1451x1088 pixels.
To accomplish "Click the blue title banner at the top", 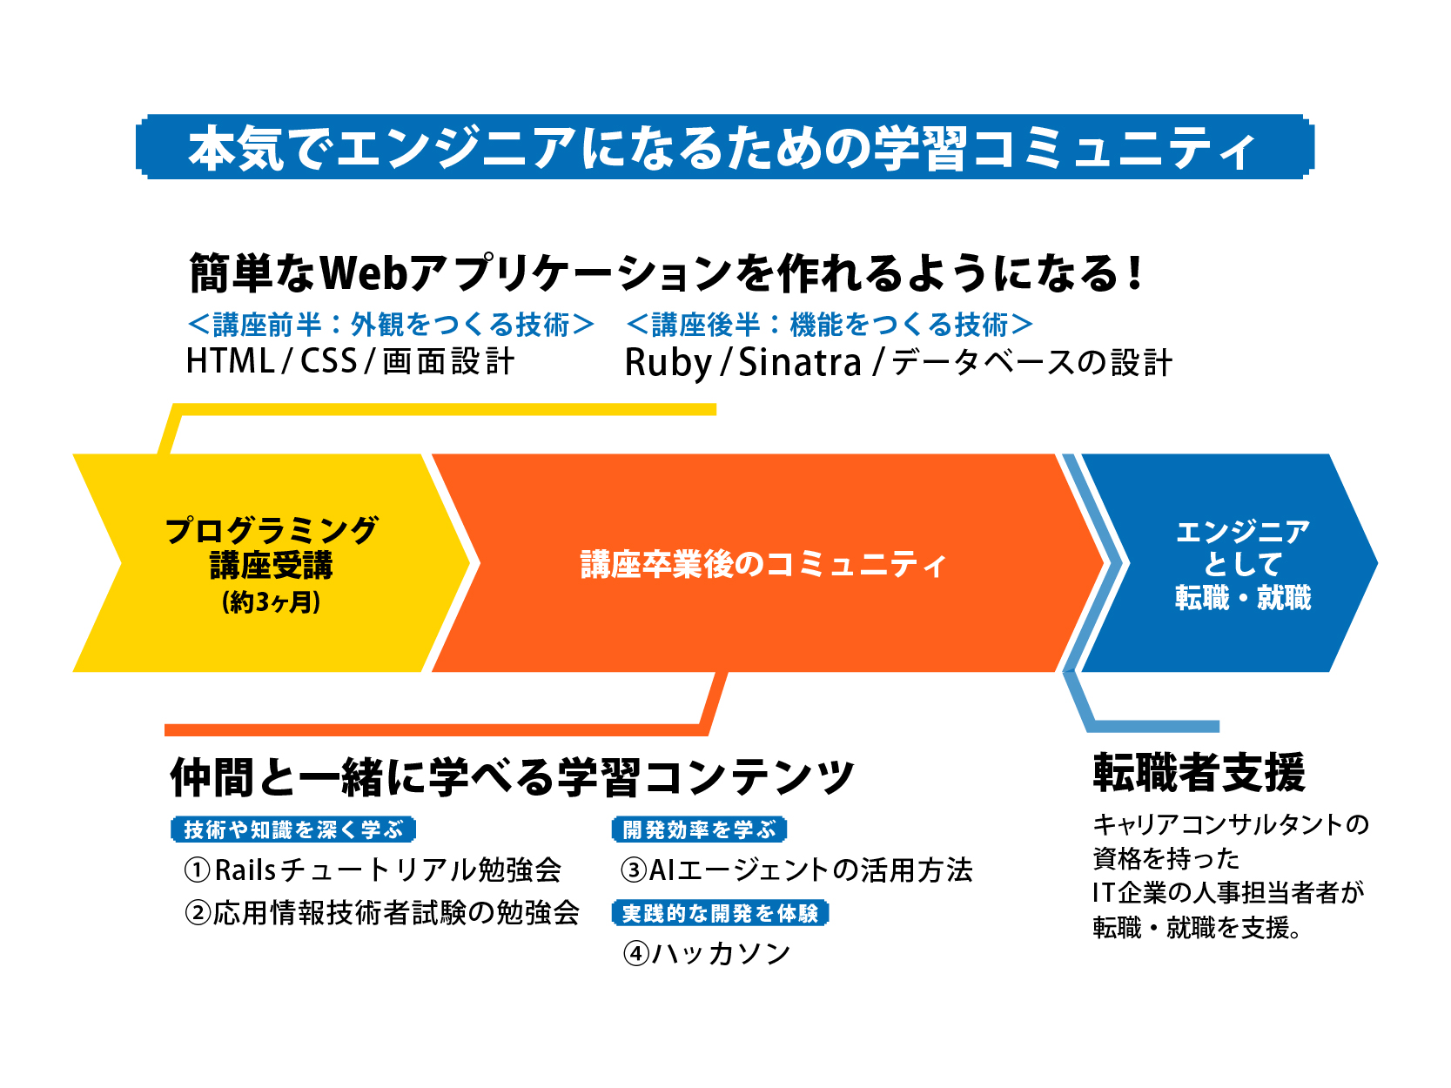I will pyautogui.click(x=724, y=147).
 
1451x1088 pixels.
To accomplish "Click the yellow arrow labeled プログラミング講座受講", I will pyautogui.click(x=272, y=562).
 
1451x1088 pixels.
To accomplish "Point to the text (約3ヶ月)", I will pyautogui.click(x=272, y=602).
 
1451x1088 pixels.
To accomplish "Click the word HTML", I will pyautogui.click(x=230, y=361).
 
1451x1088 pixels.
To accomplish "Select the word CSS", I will pyautogui.click(x=329, y=361).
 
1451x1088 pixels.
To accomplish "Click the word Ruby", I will pyautogui.click(x=668, y=363).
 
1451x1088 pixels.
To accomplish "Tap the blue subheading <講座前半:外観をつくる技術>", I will pyautogui.click(x=391, y=325).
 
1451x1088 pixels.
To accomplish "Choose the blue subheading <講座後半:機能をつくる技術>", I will pyautogui.click(x=830, y=325).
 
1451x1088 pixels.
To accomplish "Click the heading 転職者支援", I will pyautogui.click(x=1199, y=773).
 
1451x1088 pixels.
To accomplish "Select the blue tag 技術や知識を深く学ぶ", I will pyautogui.click(x=293, y=829).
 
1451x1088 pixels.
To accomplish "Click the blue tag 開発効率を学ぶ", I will pyautogui.click(x=699, y=829).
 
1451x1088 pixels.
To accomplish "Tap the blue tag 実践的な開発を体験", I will pyautogui.click(x=720, y=913).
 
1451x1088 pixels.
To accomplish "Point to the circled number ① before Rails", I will pyautogui.click(x=198, y=870).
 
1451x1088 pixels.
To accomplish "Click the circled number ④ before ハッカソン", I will pyautogui.click(x=636, y=954).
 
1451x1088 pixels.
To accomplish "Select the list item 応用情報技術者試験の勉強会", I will pyautogui.click(x=396, y=912).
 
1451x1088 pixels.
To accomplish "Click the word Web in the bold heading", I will pyautogui.click(x=365, y=273).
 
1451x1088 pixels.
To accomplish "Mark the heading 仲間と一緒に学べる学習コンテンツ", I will pyautogui.click(x=512, y=777).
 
